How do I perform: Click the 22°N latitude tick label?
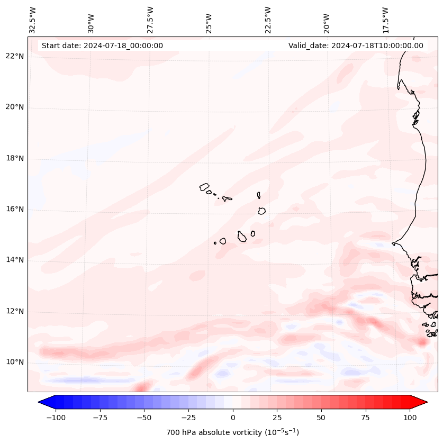tap(14, 57)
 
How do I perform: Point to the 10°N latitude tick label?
tap(14, 363)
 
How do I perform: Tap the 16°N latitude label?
tap(14, 210)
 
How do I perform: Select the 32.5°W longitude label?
tap(33, 20)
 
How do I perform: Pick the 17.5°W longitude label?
tap(385, 20)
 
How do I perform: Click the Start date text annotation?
tap(102, 46)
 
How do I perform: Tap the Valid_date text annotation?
tap(356, 46)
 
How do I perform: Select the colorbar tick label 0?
tap(233, 418)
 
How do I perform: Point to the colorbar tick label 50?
tap(321, 418)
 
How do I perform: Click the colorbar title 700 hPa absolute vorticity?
tap(232, 432)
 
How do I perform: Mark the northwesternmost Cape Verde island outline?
tap(204, 186)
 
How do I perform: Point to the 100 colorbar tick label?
tap(409, 418)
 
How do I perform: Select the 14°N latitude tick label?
tap(14, 260)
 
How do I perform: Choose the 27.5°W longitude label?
tap(150, 20)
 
